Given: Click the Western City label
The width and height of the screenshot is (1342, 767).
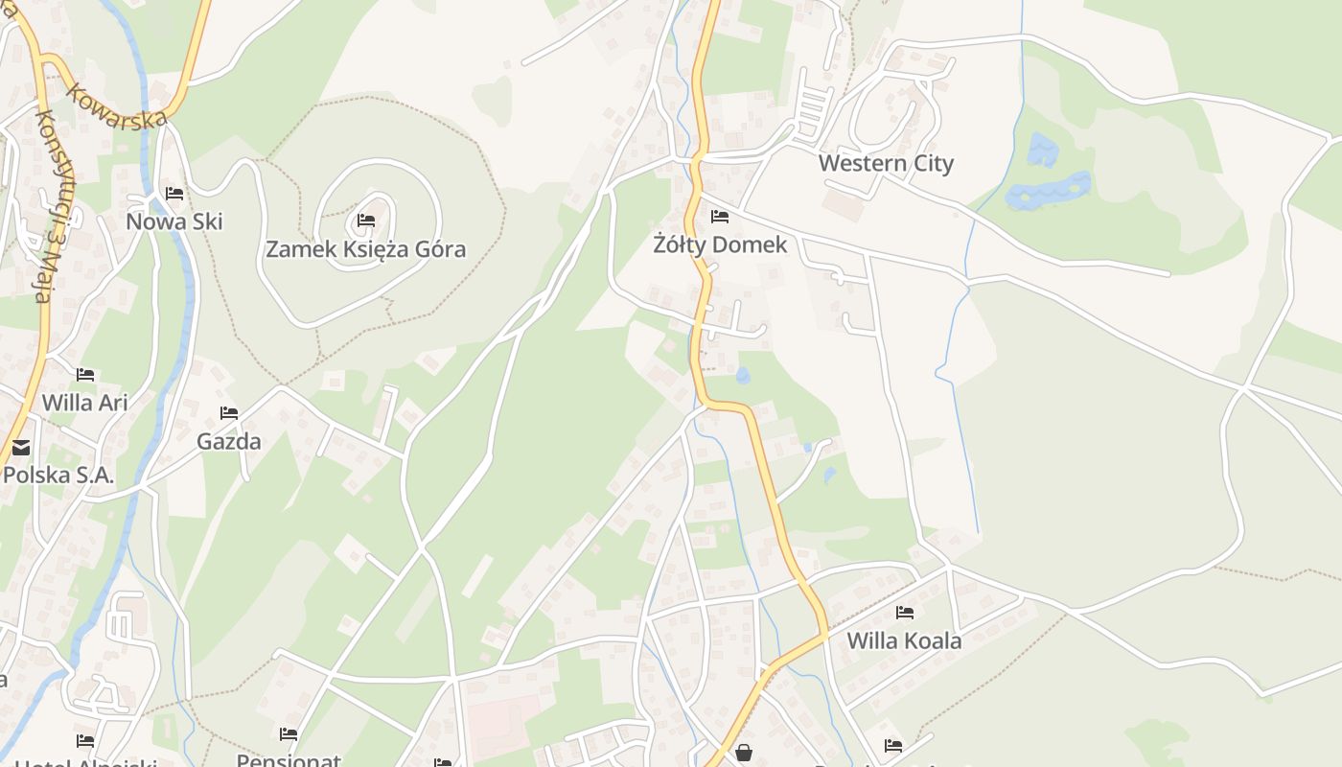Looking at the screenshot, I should tap(886, 163).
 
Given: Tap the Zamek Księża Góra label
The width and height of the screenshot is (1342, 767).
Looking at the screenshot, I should tap(365, 249).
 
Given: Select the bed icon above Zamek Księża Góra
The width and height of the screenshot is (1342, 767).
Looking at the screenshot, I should tap(365, 221).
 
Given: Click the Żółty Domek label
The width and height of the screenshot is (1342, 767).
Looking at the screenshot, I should tap(720, 244).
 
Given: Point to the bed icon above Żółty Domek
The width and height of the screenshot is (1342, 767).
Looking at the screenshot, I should tap(720, 216).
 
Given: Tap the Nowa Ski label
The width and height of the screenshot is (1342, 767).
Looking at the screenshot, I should tap(174, 221).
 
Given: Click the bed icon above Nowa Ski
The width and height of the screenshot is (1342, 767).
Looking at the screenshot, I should tap(174, 193).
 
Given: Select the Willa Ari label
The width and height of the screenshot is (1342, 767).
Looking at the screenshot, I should tap(84, 402).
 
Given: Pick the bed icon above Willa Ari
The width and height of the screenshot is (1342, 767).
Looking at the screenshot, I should tap(85, 374).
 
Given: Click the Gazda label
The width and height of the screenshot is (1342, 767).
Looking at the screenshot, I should tap(229, 441).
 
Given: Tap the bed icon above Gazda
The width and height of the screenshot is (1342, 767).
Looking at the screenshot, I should tap(229, 413).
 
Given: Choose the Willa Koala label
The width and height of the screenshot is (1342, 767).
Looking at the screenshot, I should tap(904, 640).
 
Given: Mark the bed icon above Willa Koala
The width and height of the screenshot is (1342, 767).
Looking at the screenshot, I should tap(904, 612).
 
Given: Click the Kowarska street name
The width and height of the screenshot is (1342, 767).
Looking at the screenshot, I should tap(118, 105).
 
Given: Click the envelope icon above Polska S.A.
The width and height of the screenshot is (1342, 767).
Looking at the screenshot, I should tap(21, 447).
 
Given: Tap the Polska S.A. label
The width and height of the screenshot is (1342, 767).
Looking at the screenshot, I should tap(58, 474).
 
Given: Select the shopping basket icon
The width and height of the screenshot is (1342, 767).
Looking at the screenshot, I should tap(744, 753).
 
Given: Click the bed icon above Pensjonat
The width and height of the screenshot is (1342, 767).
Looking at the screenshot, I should tap(289, 734).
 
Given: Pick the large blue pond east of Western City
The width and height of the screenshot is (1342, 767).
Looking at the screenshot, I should tap(1049, 190).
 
